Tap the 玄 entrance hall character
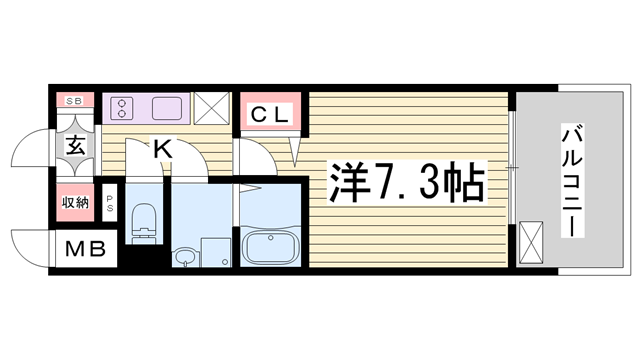(76, 146)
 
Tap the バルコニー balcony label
(572, 181)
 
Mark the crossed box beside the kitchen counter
(211, 108)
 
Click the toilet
(144, 220)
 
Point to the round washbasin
(185, 257)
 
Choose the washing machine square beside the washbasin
(215, 252)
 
